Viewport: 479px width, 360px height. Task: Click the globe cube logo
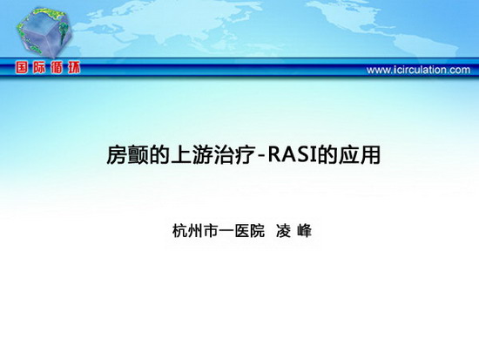(44, 32)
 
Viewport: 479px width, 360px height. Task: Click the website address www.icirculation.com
(418, 70)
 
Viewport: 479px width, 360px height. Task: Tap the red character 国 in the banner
(22, 68)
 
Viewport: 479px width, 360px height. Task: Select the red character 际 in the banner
(39, 68)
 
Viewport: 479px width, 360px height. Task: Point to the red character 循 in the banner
(57, 68)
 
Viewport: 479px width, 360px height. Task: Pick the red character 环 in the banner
(74, 68)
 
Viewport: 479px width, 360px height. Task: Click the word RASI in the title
(293, 155)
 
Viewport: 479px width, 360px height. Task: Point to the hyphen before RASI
(260, 158)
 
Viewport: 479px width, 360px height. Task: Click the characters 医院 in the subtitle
(250, 231)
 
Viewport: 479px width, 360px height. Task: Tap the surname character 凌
(283, 231)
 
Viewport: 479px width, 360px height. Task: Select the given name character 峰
(304, 231)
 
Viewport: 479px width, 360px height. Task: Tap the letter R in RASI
(274, 155)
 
